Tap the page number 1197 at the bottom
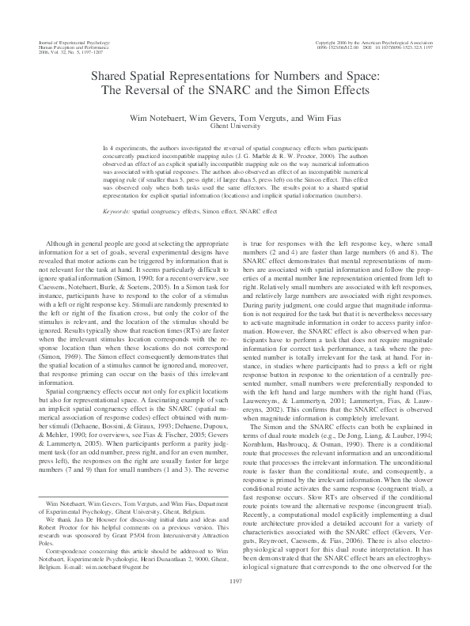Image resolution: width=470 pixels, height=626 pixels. point(235,604)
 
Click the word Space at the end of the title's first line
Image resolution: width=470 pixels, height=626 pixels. point(357,77)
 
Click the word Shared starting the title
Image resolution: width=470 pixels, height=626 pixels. point(112,77)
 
